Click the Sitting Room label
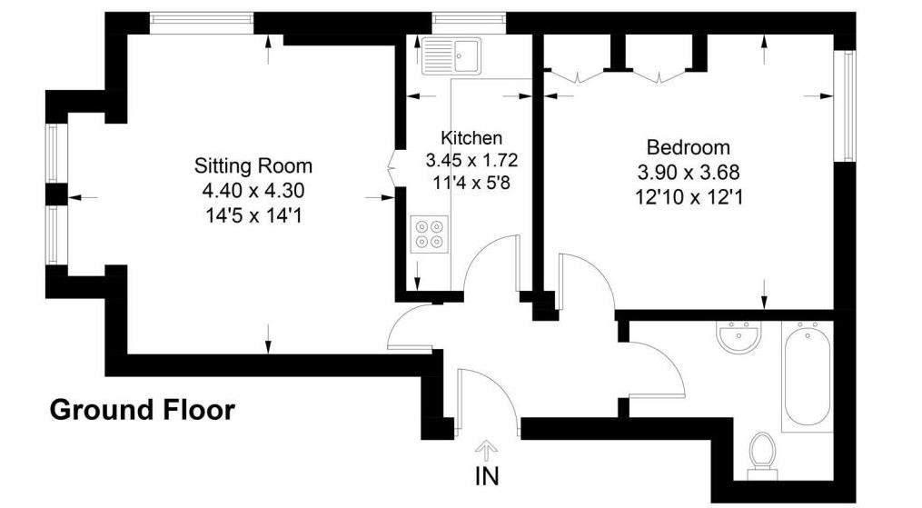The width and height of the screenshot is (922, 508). click(x=253, y=165)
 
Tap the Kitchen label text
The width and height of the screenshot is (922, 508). click(x=471, y=138)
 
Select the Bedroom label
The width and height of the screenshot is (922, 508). click(x=688, y=147)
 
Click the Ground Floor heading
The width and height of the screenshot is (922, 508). click(x=142, y=410)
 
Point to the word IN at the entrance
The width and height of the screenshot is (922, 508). click(x=487, y=475)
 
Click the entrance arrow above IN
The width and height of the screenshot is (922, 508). click(x=487, y=450)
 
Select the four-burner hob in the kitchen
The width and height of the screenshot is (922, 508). click(x=428, y=232)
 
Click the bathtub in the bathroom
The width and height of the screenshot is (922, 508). click(x=807, y=376)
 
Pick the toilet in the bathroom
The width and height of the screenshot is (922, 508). click(x=761, y=453)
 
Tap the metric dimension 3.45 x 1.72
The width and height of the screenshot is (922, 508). click(x=471, y=161)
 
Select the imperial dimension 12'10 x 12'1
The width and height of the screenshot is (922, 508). click(x=689, y=195)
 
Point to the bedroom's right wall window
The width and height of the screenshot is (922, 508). click(x=848, y=105)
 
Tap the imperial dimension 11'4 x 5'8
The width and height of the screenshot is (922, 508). click(x=471, y=183)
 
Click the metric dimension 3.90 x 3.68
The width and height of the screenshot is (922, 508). click(x=688, y=172)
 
